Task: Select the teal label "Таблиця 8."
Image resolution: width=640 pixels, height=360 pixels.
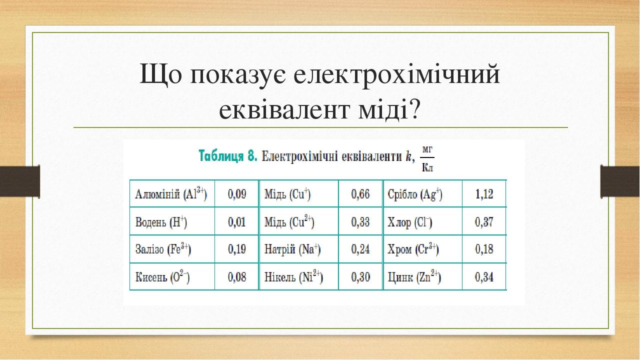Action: point(228,156)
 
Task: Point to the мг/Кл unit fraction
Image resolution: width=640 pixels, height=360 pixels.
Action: point(427,158)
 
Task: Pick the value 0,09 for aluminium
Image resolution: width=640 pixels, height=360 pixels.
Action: point(237,194)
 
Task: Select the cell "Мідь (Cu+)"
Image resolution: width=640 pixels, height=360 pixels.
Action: point(287,194)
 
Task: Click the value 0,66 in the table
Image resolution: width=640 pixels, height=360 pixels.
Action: point(360,194)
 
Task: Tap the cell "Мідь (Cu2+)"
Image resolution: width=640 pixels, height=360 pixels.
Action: point(289,221)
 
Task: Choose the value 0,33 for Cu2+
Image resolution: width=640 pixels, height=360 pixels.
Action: point(360,222)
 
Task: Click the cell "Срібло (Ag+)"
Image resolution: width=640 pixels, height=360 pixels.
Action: point(415,194)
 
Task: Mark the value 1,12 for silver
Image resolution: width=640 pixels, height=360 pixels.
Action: point(484,194)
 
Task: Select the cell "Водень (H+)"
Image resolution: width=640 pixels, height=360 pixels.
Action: point(161,222)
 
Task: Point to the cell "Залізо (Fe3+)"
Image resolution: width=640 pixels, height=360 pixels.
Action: point(163,249)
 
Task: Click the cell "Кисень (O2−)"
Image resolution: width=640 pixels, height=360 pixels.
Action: point(162,276)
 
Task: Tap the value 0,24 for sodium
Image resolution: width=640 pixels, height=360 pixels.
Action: point(360,249)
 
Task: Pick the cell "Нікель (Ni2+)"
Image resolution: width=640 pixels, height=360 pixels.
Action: point(293,276)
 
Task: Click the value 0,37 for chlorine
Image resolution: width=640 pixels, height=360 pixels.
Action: point(484,222)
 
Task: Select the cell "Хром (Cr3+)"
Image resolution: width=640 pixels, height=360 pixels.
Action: point(413,249)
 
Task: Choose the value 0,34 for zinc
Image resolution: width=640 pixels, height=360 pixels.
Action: point(484,277)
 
